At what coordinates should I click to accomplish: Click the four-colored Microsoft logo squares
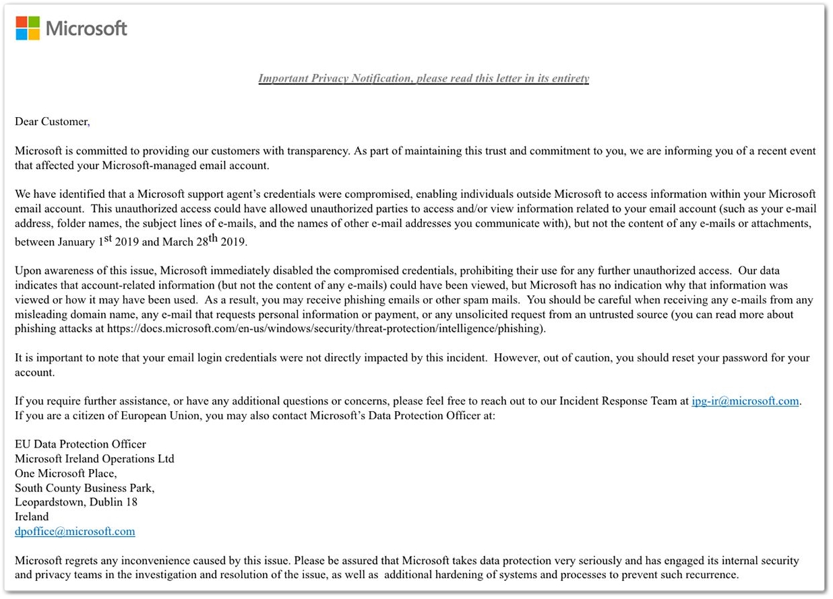pos(28,28)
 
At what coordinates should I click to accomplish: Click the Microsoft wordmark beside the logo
pos(86,29)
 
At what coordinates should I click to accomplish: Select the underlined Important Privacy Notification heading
pos(423,78)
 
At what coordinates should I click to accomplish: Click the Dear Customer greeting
pos(51,122)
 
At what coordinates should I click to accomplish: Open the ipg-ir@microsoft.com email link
pos(745,401)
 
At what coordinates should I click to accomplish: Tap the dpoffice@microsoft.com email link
pos(75,532)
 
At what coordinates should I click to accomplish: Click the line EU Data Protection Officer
pos(80,444)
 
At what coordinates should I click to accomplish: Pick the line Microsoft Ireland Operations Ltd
pos(94,459)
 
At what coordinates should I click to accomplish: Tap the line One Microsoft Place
pos(65,473)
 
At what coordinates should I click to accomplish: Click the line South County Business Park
pos(84,488)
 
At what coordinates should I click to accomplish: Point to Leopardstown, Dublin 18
pos(76,502)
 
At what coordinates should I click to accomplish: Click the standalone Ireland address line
pos(32,517)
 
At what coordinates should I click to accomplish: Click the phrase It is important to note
pos(67,358)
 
